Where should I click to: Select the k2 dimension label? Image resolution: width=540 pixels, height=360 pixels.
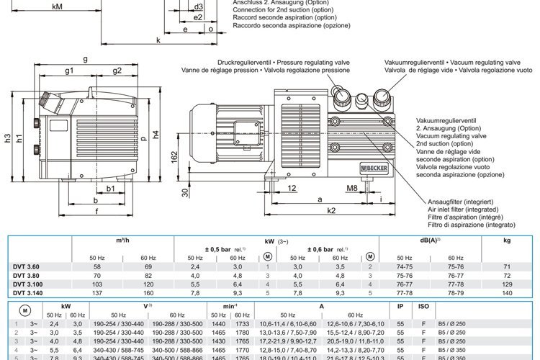pyautogui.click(x=330, y=211)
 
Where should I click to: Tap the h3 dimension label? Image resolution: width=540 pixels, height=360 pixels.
pyautogui.click(x=7, y=137)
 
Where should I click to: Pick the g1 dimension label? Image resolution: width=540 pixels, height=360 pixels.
pyautogui.click(x=70, y=71)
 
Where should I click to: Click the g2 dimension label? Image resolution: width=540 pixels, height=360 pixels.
pyautogui.click(x=117, y=71)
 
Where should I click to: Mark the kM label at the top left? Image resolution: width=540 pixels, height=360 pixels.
pyautogui.click(x=58, y=6)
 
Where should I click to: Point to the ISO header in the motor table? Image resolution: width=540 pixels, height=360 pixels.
pyautogui.click(x=423, y=306)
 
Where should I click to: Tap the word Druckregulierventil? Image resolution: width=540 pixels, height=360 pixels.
pyautogui.click(x=259, y=63)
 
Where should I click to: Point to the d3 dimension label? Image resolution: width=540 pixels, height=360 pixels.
pyautogui.click(x=198, y=6)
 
